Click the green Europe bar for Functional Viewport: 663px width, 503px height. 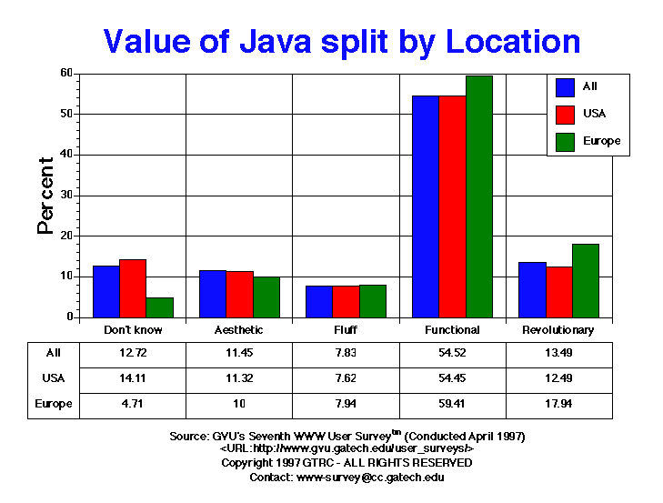click(479, 196)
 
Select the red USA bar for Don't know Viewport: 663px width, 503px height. click(133, 288)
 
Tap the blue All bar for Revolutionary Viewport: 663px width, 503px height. click(532, 290)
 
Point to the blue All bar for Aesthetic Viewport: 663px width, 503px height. click(213, 294)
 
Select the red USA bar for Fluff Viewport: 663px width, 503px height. click(346, 302)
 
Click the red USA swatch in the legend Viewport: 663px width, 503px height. click(565, 114)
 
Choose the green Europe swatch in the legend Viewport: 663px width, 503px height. click(565, 141)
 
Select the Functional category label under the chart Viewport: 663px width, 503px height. click(453, 330)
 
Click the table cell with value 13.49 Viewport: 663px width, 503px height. click(559, 353)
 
